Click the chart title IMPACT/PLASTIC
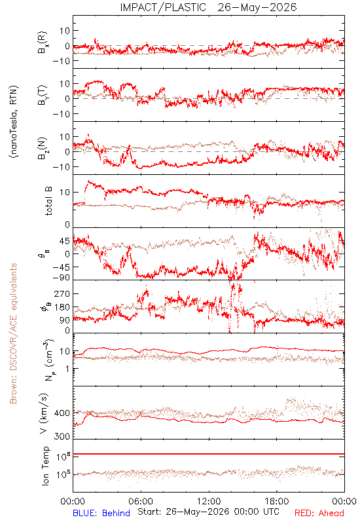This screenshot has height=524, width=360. coord(163,7)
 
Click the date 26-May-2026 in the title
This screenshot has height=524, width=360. coord(257,7)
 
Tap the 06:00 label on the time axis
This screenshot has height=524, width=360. coord(141,501)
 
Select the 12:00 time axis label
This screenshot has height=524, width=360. coord(209,501)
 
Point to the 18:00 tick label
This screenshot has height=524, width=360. coord(277,501)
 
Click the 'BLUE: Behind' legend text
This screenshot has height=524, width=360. coord(101,513)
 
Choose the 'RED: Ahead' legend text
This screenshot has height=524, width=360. coord(319,513)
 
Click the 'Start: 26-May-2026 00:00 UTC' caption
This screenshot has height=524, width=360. coord(208,512)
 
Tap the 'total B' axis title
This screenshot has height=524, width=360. coord(48,201)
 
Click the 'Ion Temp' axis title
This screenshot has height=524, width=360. coord(45,466)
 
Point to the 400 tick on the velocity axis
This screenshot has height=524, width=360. coord(62,413)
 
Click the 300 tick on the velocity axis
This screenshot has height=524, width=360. coord(62,436)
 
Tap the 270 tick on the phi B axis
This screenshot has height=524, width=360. coord(62,293)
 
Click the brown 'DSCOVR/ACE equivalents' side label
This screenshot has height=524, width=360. coord(13,333)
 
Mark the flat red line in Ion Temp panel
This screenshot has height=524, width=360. coord(209,454)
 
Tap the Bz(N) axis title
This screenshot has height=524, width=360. coord(43,149)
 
